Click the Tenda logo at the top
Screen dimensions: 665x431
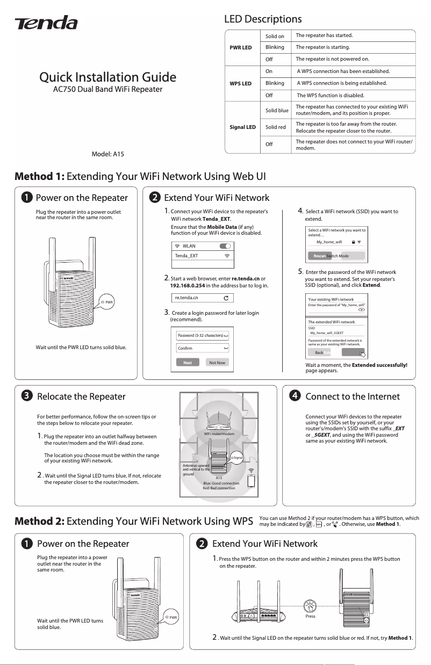click(46, 23)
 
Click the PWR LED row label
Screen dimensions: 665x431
click(240, 47)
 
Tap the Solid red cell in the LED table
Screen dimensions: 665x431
click(275, 127)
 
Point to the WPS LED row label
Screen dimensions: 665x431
click(240, 84)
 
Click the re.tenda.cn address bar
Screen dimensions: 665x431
click(202, 298)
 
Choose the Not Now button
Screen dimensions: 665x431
click(217, 363)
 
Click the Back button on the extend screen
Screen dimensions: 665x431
click(319, 353)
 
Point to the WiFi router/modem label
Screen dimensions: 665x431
click(218, 433)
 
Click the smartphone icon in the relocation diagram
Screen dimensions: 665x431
click(251, 481)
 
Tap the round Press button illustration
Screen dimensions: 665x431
click(310, 606)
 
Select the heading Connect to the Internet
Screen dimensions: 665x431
click(352, 396)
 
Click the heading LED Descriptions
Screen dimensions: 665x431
click(263, 19)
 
